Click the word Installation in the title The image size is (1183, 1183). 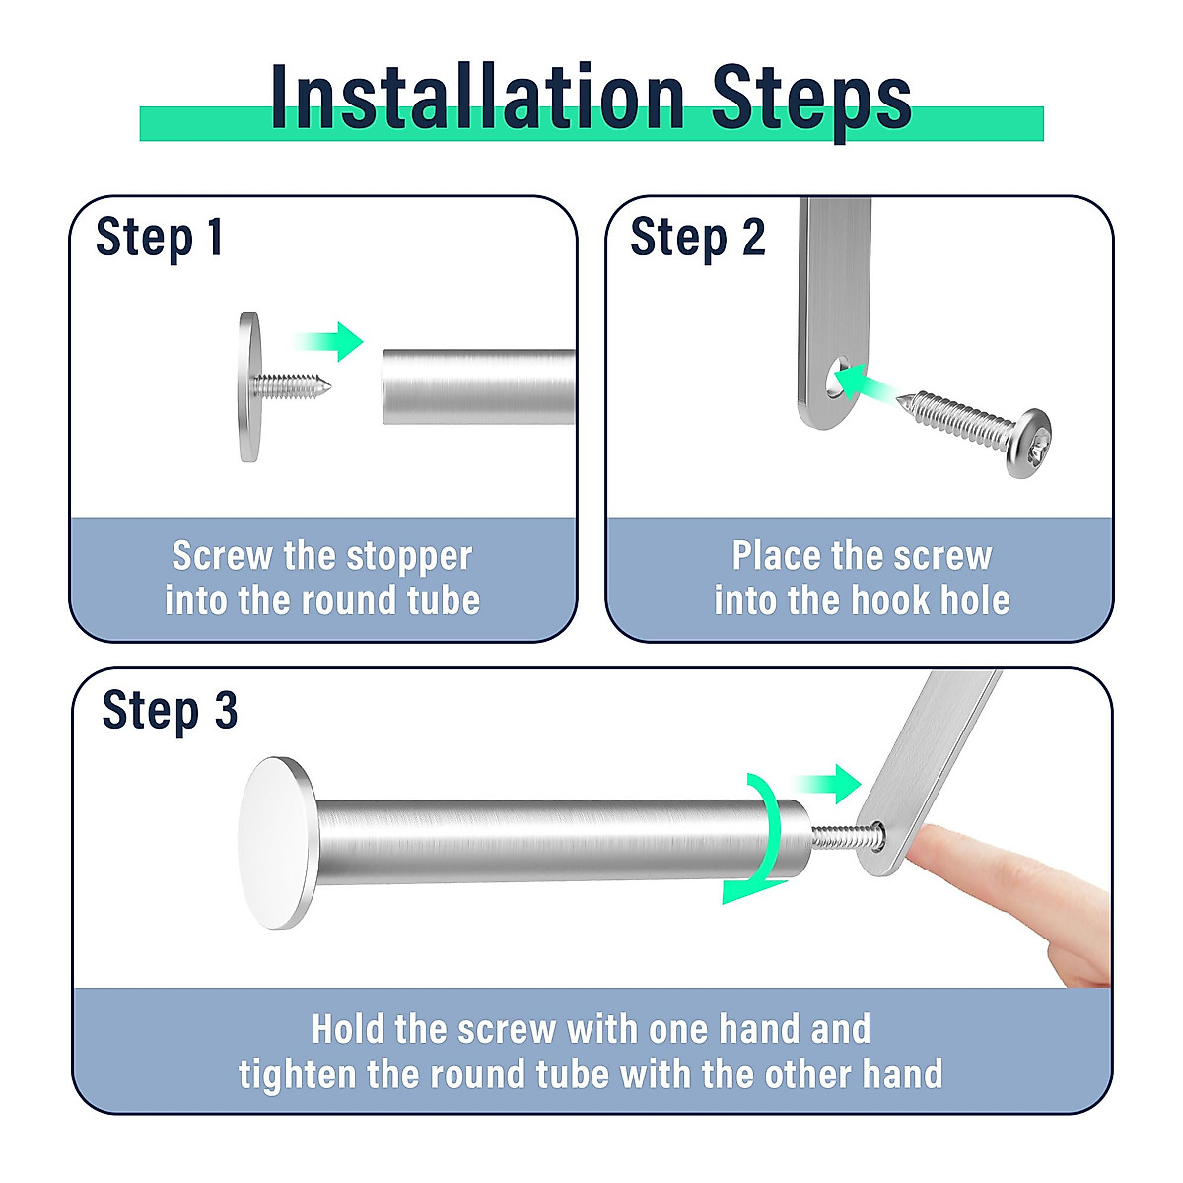(x=477, y=97)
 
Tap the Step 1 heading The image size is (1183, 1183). (x=159, y=239)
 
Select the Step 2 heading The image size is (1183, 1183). (x=698, y=239)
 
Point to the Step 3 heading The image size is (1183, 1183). (x=170, y=711)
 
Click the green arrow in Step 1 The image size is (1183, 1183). (x=329, y=341)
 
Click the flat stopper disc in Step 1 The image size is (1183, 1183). (x=249, y=386)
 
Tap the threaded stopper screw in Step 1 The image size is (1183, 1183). (x=294, y=386)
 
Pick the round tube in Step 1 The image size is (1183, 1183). (x=479, y=386)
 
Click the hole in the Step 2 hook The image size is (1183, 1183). (x=837, y=377)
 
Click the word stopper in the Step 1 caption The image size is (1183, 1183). (x=409, y=557)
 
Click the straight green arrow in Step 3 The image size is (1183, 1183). (x=827, y=784)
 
